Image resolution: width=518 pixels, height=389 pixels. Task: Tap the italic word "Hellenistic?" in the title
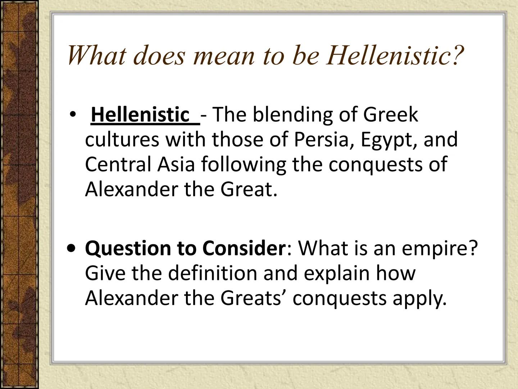pyautogui.click(x=395, y=55)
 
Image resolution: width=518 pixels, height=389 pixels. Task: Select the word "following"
pyautogui.click(x=244, y=165)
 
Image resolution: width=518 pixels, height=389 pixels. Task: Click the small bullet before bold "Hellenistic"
pyautogui.click(x=73, y=115)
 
